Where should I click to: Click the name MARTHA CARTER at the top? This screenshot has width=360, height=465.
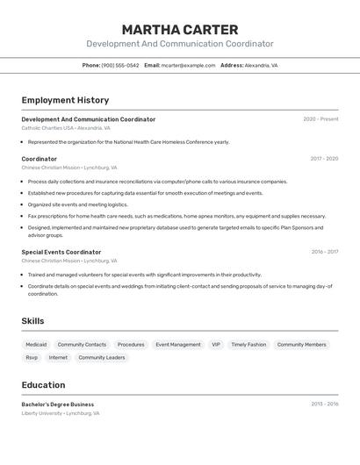(180, 30)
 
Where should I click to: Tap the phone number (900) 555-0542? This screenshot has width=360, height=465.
(119, 65)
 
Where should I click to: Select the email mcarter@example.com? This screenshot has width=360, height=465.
(188, 65)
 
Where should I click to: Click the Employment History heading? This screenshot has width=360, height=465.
(65, 100)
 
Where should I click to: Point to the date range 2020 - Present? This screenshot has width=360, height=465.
(320, 119)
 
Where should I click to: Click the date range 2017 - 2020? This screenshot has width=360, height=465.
(324, 159)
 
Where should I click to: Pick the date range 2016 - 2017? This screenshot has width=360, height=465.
(324, 252)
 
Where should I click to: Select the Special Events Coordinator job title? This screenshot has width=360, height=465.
(61, 252)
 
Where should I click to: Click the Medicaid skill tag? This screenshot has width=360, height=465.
(36, 345)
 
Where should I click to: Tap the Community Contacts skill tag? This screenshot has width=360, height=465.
(82, 345)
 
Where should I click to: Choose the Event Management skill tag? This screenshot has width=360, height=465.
(178, 345)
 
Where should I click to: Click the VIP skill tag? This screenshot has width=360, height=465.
(216, 345)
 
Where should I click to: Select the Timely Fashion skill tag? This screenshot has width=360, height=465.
(248, 345)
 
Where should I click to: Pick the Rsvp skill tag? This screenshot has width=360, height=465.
(32, 358)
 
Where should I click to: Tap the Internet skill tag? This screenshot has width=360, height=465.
(58, 358)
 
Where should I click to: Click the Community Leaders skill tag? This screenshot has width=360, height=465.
(102, 358)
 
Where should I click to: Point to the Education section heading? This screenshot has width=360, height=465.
(43, 385)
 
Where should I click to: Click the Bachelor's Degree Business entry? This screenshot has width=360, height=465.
(58, 404)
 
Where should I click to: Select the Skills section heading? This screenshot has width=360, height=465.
(32, 321)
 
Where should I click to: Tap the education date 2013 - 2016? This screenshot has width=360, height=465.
(324, 404)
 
